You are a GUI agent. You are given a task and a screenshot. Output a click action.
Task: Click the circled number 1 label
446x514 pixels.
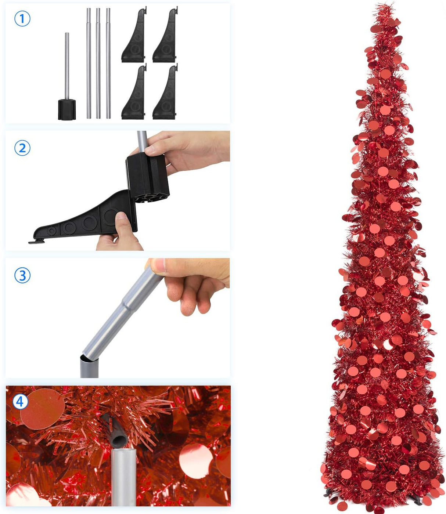[x=22, y=18]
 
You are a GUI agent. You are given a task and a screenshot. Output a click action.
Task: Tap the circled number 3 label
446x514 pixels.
[x=22, y=275]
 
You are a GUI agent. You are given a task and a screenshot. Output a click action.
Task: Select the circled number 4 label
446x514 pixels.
[x=20, y=401]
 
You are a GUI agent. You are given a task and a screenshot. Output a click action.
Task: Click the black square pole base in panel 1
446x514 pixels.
[x=67, y=109]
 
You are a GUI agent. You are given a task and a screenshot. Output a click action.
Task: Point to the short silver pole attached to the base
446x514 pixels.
[x=67, y=66]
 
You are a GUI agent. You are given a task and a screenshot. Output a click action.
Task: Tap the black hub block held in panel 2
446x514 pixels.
[x=147, y=176]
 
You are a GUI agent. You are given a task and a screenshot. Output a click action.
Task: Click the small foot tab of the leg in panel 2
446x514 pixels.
[x=36, y=241]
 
